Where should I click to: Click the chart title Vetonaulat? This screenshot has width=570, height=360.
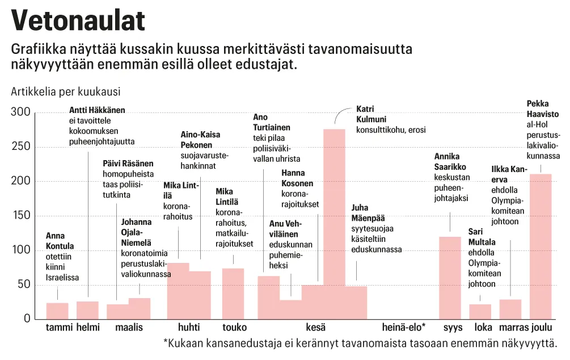pos(78,21)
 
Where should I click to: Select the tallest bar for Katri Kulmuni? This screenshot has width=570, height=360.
pos(334,224)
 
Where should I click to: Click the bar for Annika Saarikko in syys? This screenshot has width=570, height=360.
pos(450,277)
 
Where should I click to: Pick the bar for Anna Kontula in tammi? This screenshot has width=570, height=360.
pos(57,311)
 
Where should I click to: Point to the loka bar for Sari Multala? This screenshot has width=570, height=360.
pos(480,311)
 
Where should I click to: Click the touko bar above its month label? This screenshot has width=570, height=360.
pos(233,293)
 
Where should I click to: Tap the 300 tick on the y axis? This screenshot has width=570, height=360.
pos(20,112)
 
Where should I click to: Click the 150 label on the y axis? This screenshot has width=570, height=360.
pos(20,216)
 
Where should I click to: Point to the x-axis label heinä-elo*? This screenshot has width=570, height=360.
pos(404,328)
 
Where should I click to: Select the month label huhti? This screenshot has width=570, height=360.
pos(189,328)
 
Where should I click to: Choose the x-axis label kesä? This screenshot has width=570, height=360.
pos(316,328)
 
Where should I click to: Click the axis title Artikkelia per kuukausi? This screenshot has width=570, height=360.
pos(66,91)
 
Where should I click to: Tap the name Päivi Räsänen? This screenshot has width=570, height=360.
pos(128,164)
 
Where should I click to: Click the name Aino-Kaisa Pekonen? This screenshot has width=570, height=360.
pos(200,140)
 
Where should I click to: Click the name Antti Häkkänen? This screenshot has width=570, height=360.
pos(97,110)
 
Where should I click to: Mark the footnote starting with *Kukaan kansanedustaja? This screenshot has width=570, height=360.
pos(360,342)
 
